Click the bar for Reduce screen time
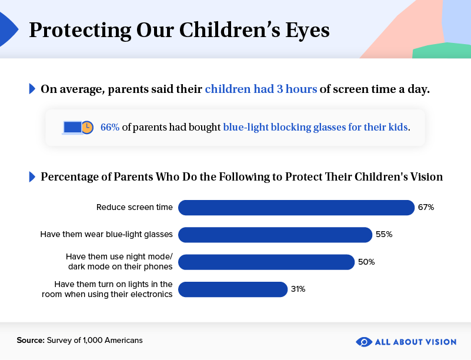[x=296, y=208]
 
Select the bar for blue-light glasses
[x=275, y=235]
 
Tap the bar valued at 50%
[x=266, y=262]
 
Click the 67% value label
[x=426, y=208]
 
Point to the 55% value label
[x=383, y=235]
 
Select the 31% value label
[x=298, y=289]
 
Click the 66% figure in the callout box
[x=110, y=127]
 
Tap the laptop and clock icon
[x=78, y=127]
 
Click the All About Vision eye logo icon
[x=364, y=342]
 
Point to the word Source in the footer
[x=30, y=340]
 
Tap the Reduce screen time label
[x=135, y=208]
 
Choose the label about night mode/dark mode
[x=119, y=262]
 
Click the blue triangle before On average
[x=32, y=89]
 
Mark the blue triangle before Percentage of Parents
[x=32, y=177]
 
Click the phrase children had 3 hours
[x=260, y=89]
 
